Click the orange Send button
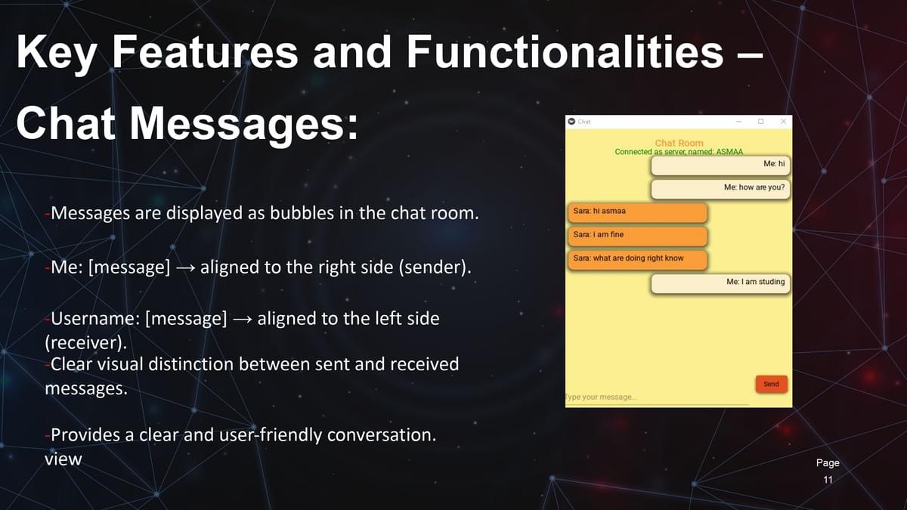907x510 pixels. coord(772,384)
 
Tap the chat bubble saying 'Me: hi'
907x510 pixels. coord(720,165)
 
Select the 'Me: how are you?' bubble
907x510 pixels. coord(720,189)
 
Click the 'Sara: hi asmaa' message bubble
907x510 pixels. coord(638,212)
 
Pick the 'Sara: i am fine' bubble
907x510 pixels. coord(638,236)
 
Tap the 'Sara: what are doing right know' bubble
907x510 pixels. coord(638,260)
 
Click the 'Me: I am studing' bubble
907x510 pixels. coord(720,283)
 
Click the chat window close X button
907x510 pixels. coord(783,122)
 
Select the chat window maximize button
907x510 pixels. coord(761,122)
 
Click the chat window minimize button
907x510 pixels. coord(738,122)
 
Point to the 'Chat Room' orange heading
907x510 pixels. coord(679,143)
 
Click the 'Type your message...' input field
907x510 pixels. coord(657,397)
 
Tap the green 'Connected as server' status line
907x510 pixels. coord(679,152)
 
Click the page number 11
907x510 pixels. coord(828,480)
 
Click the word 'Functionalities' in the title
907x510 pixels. coord(565,52)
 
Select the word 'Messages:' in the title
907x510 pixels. coord(243,123)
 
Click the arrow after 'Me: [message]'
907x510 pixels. coord(185,268)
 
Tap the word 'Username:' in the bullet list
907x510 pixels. coord(95,319)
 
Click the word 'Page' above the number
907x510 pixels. coord(828,463)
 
